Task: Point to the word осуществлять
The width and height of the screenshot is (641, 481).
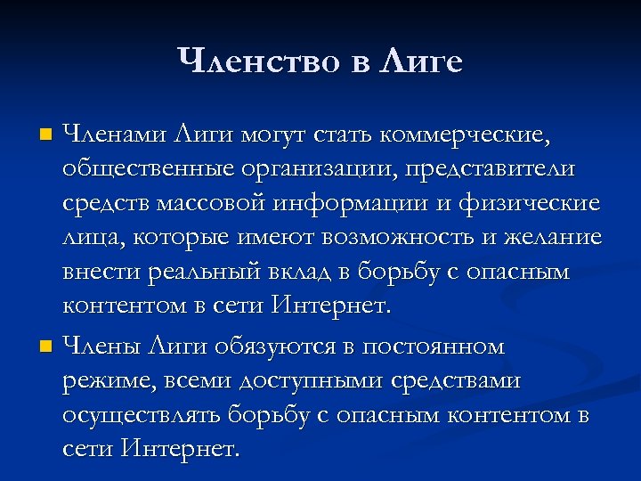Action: (142, 415)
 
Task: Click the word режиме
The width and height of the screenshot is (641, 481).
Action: (104, 380)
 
